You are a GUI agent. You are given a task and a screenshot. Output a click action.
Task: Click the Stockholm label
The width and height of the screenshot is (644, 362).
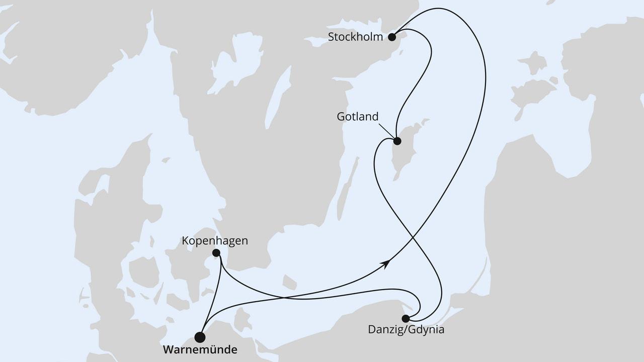(x=355, y=37)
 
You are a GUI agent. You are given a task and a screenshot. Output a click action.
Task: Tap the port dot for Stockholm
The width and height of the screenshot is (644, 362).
(x=392, y=37)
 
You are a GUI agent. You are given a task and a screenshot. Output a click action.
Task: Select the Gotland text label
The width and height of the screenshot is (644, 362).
(x=357, y=117)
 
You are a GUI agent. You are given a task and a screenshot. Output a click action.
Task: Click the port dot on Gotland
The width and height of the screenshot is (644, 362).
(x=397, y=141)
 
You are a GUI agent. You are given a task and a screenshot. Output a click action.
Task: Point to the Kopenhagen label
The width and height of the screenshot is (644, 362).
(x=216, y=241)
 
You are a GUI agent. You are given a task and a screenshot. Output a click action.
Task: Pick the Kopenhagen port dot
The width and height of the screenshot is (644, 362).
(x=216, y=253)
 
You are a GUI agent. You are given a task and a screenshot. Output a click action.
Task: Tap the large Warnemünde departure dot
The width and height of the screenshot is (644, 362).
(x=200, y=337)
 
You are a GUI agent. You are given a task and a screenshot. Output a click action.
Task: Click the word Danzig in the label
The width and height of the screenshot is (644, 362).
(x=384, y=330)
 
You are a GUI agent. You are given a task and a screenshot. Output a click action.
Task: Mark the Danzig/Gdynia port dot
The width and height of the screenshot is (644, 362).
(x=406, y=318)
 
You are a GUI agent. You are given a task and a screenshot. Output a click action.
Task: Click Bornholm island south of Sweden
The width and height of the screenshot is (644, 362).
(x=289, y=282)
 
